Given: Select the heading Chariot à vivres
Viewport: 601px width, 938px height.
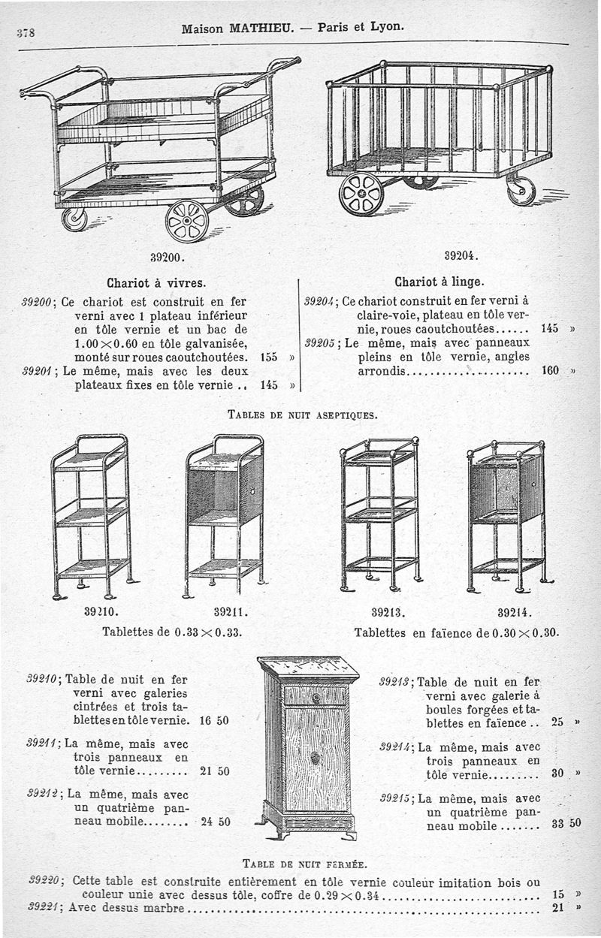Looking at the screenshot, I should click(x=156, y=284).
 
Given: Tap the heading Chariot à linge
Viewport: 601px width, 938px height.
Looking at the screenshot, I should click(x=439, y=283).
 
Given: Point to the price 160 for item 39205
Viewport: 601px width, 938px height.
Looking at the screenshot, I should click(x=551, y=371).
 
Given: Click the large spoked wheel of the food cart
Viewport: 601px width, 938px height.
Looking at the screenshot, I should click(x=186, y=222).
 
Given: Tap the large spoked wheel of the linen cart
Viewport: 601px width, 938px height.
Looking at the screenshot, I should click(x=361, y=195).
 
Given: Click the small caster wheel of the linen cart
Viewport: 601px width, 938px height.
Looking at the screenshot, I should click(x=521, y=191).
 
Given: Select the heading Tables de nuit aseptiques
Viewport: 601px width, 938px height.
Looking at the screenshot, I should click(x=302, y=414).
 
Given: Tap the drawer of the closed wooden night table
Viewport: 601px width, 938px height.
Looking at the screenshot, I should click(x=316, y=696).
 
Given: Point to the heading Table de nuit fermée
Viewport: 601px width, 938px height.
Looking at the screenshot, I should click(x=304, y=861).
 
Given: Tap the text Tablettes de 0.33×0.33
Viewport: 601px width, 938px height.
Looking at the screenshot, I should click(x=171, y=632).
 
